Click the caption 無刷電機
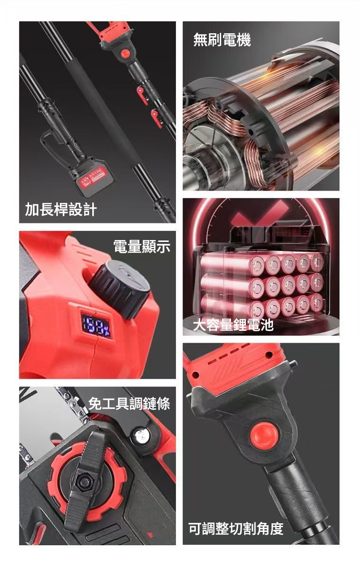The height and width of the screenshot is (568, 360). tap(222, 39)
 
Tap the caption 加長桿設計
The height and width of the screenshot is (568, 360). tap(61, 210)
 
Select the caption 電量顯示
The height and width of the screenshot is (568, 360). tap(142, 246)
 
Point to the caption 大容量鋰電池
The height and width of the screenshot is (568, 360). tap(233, 325)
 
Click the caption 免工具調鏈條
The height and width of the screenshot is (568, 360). tap(129, 403)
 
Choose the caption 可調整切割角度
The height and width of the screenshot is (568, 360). tap(236, 529)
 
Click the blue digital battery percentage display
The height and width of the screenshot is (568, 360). tap(97, 326)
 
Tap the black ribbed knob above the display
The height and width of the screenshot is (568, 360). tap(120, 288)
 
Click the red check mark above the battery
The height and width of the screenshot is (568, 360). tap(262, 216)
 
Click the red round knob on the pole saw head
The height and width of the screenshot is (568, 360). tap(126, 53)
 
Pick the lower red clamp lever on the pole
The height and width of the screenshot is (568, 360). tap(156, 118)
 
